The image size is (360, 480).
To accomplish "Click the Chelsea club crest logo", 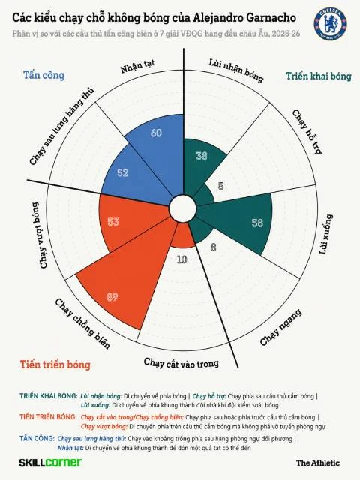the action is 330,24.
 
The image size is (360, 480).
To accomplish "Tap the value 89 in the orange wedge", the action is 112,297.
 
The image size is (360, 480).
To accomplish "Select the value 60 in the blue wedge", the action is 156,133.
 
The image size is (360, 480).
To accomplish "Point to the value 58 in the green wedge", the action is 257,223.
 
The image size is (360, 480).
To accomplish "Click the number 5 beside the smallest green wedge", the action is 221,186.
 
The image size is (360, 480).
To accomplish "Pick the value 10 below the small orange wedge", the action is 181,259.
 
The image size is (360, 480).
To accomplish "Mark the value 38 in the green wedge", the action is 202,156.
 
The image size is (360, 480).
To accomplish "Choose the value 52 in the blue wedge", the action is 123,172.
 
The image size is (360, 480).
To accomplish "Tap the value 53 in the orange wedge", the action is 113,222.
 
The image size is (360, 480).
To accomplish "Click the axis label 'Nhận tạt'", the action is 137,66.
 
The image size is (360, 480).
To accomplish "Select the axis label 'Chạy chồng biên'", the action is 82,324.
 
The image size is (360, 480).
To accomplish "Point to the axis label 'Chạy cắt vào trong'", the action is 181,363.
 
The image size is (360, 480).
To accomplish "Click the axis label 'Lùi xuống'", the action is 325,234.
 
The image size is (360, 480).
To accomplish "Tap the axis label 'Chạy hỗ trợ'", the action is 307,132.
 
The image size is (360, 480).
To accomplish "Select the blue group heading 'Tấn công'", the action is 44,75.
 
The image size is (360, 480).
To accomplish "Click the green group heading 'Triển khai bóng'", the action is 319,76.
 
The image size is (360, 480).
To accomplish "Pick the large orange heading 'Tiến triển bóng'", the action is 55,364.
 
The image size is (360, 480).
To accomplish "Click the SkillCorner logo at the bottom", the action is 50,463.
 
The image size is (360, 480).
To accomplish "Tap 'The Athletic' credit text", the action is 318,463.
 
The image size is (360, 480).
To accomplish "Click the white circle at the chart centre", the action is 183,208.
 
